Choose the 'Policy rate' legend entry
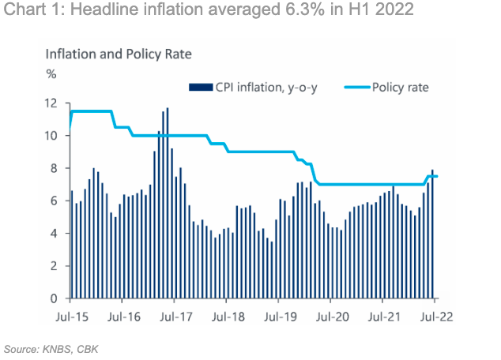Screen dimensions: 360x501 (400, 87)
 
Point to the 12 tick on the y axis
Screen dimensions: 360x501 (51, 103)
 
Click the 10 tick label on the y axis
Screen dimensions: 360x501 (51, 136)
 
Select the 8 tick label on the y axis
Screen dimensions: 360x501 (54, 168)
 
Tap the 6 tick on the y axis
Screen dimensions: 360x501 (54, 201)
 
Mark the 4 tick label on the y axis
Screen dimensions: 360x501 (54, 234)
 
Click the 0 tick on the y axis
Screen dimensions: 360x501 (54, 298)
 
